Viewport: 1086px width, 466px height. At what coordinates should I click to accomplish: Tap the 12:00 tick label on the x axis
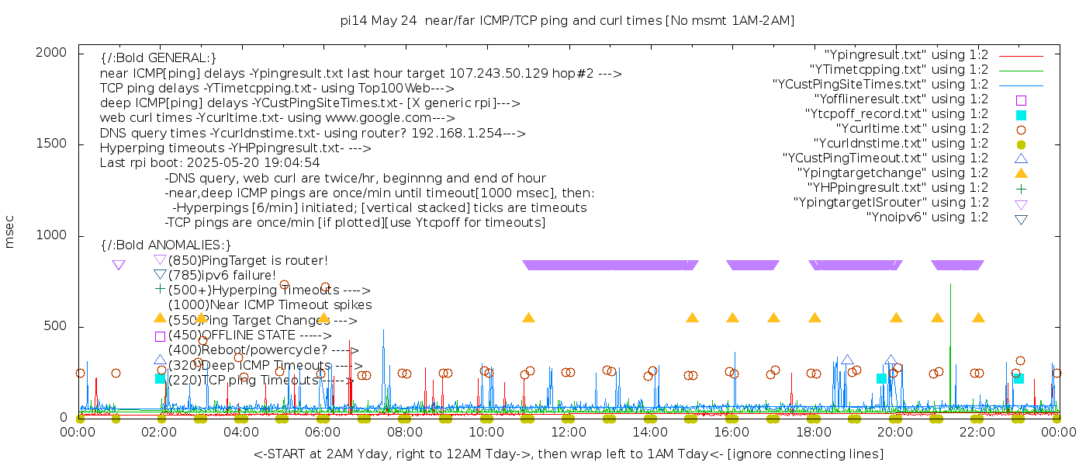[569, 433]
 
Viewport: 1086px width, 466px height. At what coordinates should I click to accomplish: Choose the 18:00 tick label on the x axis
[814, 433]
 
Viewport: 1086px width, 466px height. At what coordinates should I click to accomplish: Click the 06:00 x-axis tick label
[323, 433]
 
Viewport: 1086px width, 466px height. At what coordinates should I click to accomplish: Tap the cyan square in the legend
[1021, 115]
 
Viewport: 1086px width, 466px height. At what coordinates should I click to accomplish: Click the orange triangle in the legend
[1021, 173]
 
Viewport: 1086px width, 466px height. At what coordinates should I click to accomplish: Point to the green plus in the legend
[1021, 188]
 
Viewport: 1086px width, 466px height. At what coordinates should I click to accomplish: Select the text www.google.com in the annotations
[382, 118]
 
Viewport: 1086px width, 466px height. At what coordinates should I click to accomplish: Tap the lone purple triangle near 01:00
[118, 265]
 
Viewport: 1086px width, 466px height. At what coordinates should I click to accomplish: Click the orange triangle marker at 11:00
[528, 318]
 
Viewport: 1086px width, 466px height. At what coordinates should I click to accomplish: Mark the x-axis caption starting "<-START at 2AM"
[569, 454]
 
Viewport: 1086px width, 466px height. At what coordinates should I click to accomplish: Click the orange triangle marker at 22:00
[978, 318]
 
